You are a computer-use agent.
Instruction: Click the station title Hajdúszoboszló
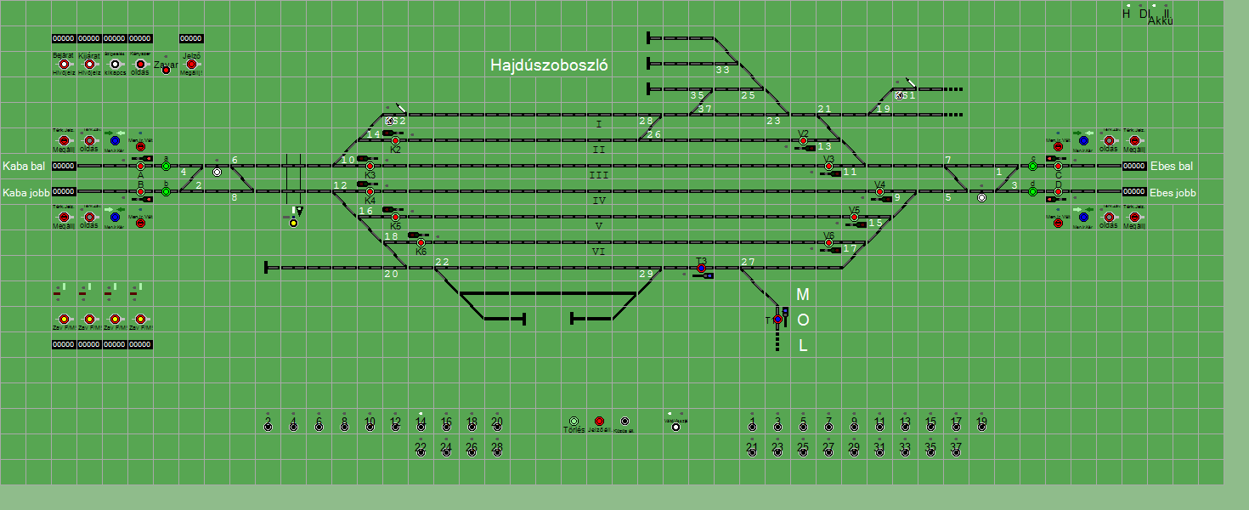[x=549, y=65]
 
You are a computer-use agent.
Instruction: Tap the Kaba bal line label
[x=24, y=166]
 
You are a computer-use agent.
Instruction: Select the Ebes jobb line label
[x=1173, y=193]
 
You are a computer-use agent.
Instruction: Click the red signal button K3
[x=370, y=167]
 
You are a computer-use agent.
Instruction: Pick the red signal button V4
[x=879, y=192]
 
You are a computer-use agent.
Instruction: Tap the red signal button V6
[x=828, y=243]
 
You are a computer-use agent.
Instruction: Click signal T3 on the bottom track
[x=701, y=269]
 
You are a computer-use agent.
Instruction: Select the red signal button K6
[x=421, y=243]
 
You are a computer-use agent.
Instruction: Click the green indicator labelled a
[x=166, y=167]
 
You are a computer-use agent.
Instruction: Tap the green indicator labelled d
[x=1032, y=192]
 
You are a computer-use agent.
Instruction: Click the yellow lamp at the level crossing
[x=293, y=223]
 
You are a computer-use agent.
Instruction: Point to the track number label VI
[x=598, y=252]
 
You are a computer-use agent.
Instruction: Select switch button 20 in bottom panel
[x=497, y=427]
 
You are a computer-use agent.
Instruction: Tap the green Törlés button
[x=574, y=422]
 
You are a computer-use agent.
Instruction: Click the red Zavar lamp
[x=166, y=70]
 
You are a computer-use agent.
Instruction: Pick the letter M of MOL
[x=802, y=295]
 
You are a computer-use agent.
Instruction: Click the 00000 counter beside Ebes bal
[x=1134, y=167]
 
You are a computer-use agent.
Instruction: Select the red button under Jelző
[x=191, y=65]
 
